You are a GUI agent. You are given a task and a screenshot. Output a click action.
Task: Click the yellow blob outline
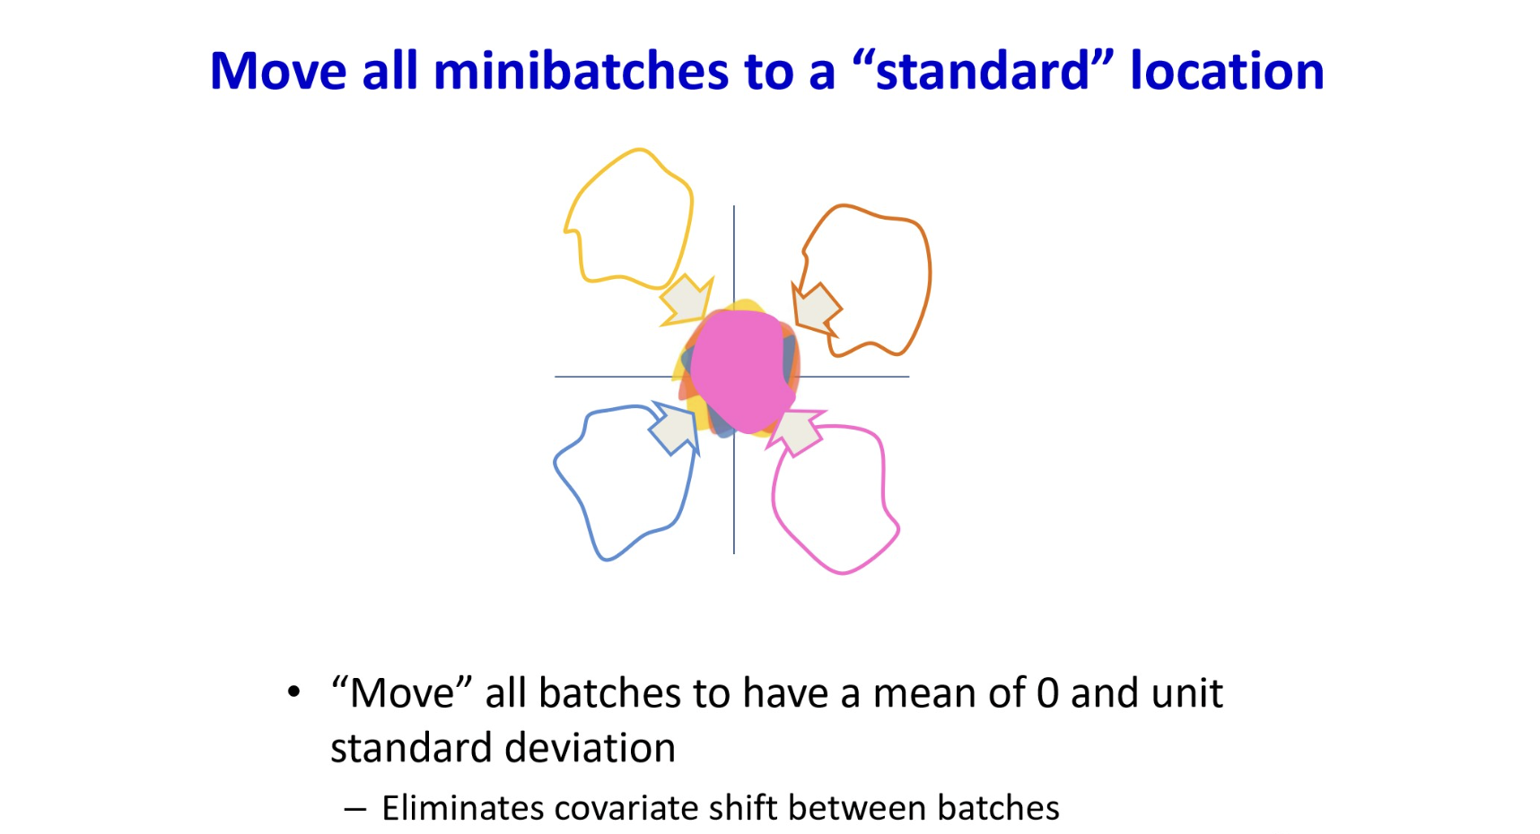tap(690, 215)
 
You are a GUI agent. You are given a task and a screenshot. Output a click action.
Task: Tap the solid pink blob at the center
tap(743, 370)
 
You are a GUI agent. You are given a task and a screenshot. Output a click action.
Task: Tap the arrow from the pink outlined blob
tap(796, 432)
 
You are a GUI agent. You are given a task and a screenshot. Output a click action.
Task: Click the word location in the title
tap(1227, 71)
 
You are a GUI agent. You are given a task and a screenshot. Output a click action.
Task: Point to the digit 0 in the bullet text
tap(1047, 694)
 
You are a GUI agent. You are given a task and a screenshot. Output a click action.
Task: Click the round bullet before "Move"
tap(293, 692)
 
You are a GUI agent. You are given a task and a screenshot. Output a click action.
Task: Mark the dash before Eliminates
tap(354, 809)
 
